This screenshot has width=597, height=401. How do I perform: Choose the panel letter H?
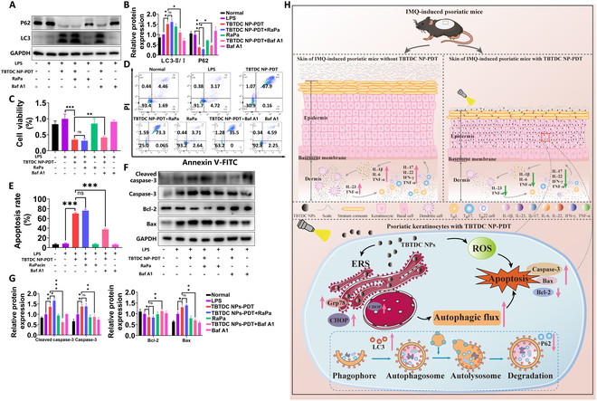287,6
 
